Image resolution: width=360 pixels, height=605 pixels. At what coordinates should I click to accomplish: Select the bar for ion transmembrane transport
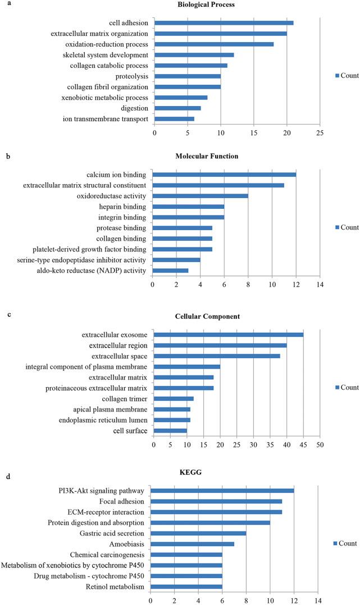click(174, 119)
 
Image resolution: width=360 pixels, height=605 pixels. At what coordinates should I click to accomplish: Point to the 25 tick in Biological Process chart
click(320, 133)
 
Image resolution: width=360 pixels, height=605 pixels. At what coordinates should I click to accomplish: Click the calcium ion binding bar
click(224, 174)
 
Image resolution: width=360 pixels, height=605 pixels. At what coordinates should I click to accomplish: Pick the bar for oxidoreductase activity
click(200, 196)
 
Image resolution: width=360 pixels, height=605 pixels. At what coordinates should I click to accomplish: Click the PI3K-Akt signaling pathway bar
click(222, 491)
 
